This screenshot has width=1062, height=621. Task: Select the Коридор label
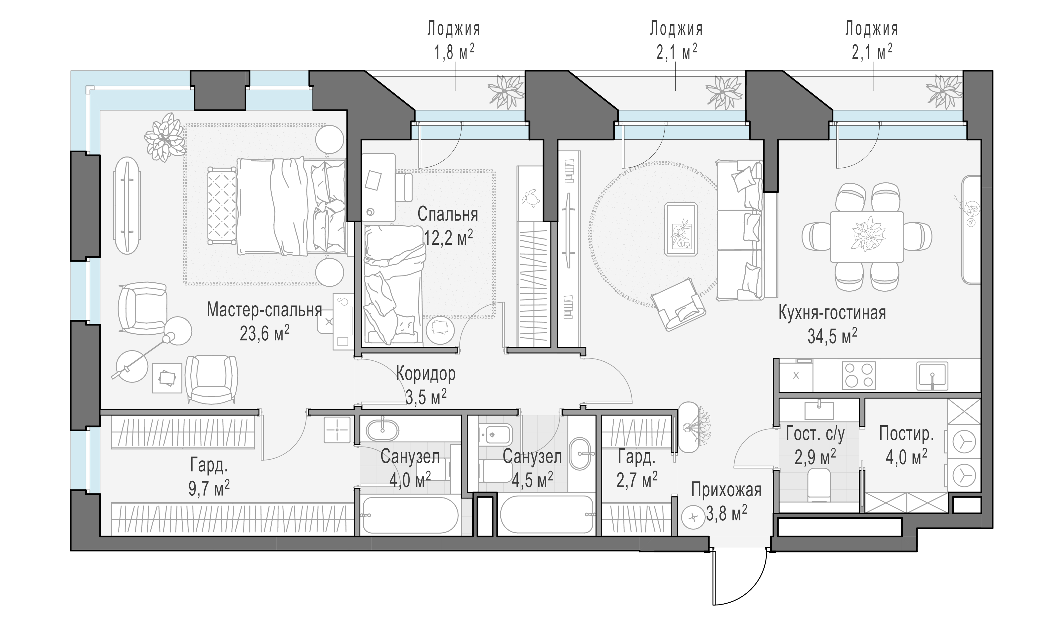pos(426,374)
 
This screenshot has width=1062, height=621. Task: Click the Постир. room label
pos(906,434)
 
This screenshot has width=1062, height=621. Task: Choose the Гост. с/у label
pos(815,434)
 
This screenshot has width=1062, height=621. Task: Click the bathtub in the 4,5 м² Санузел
pos(547,514)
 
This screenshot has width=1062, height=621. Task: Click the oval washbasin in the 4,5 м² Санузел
pos(581,454)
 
